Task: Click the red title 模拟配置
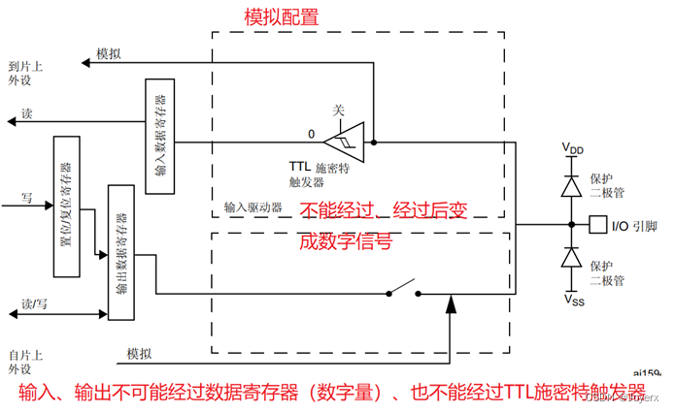point(281,17)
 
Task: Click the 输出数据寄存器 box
point(121,251)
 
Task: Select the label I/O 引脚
point(633,226)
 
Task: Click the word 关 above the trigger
point(338,110)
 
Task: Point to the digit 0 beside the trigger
point(312,133)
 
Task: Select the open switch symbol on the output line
point(402,289)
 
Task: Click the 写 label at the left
point(27,197)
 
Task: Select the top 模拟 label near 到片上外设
point(108,55)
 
